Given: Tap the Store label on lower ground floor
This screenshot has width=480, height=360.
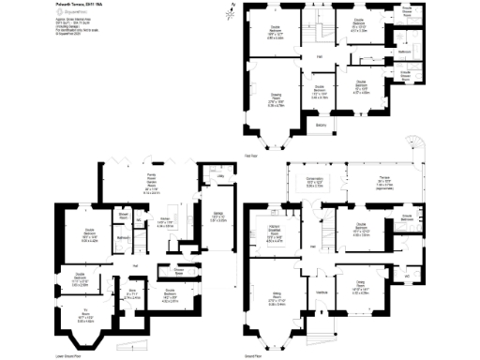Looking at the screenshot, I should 133,292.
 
